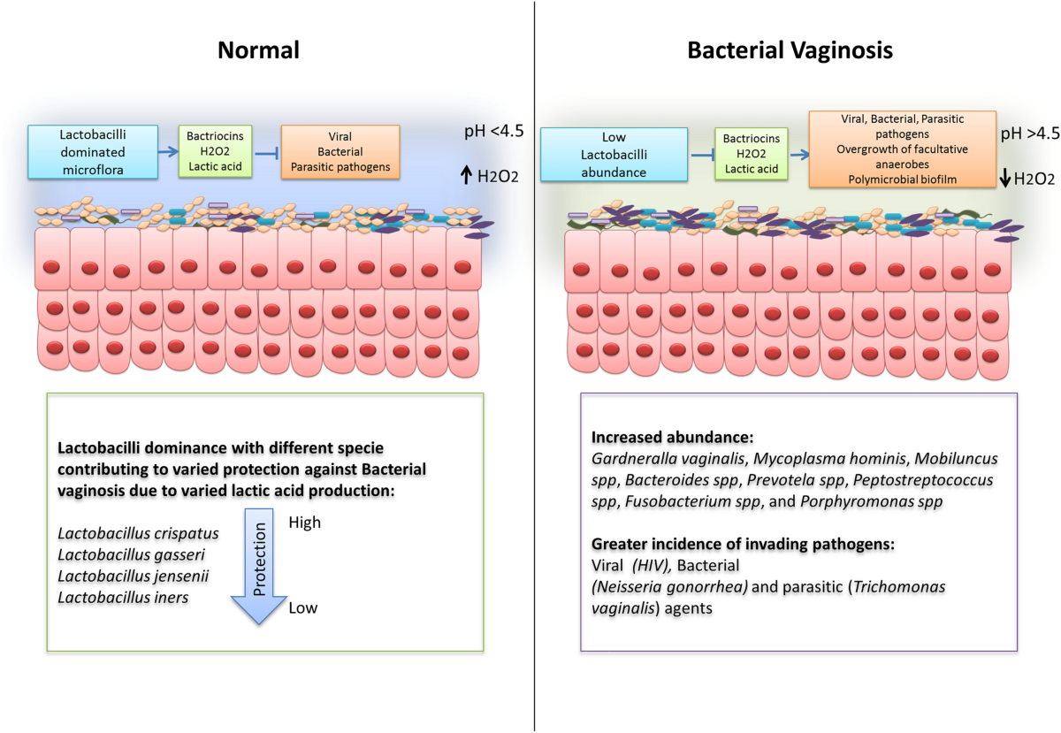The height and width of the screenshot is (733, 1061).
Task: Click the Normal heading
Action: (259, 51)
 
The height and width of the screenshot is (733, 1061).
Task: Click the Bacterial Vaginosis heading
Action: (790, 51)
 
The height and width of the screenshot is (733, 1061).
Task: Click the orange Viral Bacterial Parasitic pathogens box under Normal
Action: (340, 152)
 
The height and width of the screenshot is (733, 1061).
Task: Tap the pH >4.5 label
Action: (1027, 134)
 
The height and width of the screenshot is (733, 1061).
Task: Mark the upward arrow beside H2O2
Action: (466, 175)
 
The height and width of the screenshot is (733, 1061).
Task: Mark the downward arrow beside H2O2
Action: (1005, 179)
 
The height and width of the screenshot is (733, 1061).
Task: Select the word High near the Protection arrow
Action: (305, 523)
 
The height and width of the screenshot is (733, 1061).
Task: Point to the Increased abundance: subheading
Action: (659, 438)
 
